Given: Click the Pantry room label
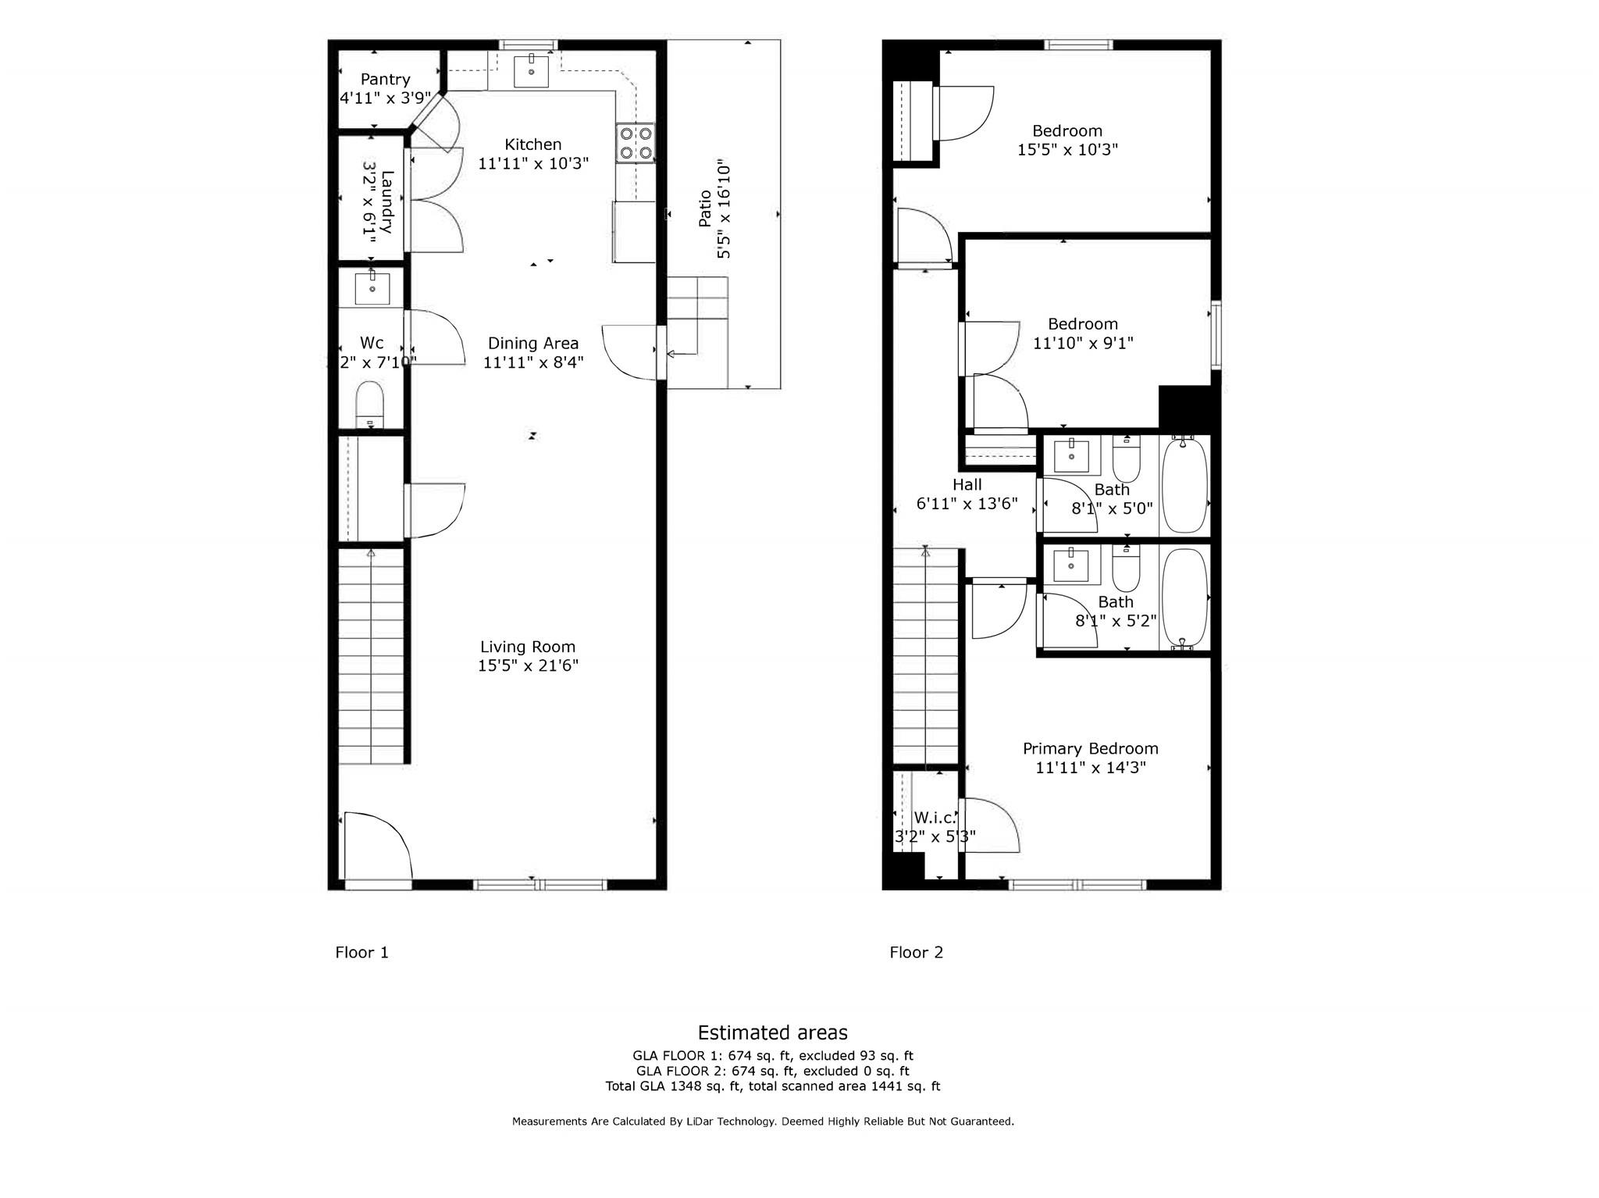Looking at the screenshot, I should point(385,80).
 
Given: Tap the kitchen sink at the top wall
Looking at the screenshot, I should point(531,72).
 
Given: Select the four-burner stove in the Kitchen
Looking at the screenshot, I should point(635,143).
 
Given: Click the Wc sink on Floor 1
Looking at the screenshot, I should point(372,288).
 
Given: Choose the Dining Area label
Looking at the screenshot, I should point(533,344).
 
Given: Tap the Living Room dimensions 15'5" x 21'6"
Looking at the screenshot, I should point(528,666).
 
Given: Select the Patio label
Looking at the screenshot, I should point(705,209).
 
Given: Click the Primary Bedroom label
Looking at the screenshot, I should point(1090,749).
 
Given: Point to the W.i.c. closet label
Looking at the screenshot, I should point(935,818).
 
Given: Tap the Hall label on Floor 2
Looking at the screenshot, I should point(967,485).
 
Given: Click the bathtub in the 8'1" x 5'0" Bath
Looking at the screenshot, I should point(1184,485).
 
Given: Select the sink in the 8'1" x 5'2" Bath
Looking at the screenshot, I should point(1071,565).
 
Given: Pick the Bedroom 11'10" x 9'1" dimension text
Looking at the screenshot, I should point(1083,343).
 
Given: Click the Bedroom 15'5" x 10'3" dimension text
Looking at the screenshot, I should point(1067,150).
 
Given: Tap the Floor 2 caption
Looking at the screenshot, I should point(916,953).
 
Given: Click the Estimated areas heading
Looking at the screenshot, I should point(772,1033).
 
